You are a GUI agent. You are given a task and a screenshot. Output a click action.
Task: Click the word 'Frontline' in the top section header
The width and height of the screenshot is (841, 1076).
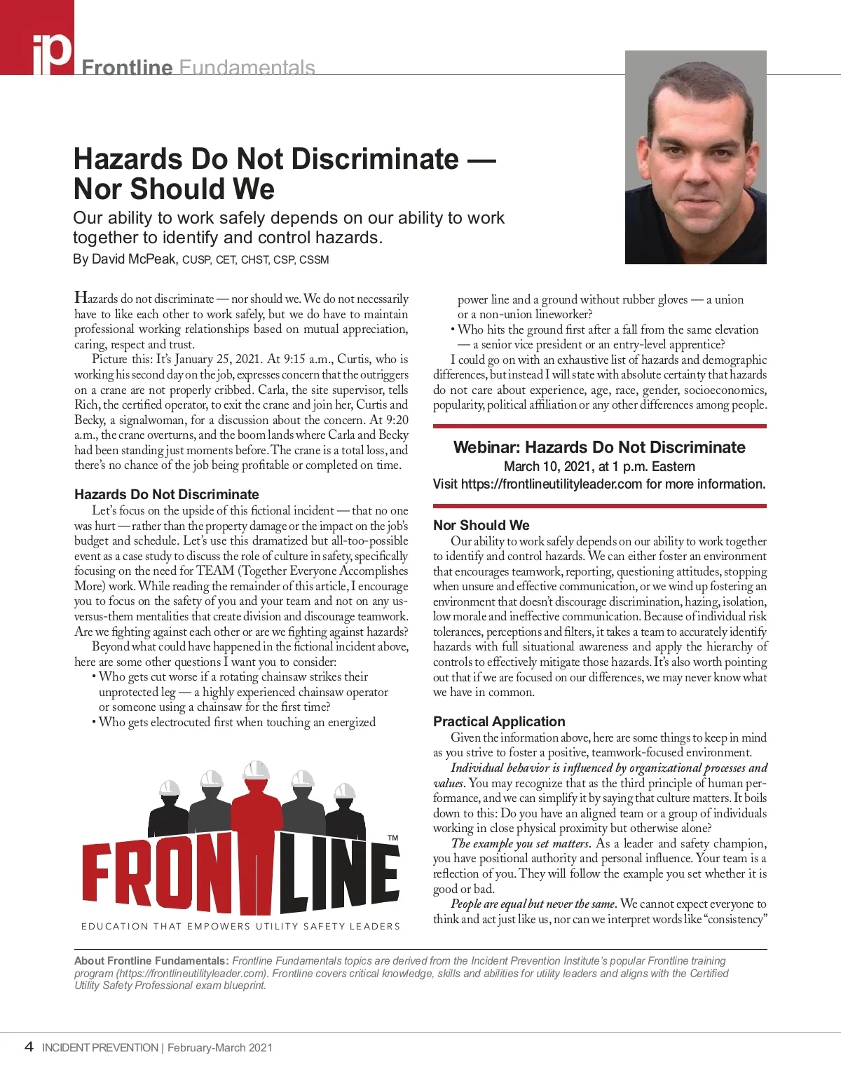[127, 68]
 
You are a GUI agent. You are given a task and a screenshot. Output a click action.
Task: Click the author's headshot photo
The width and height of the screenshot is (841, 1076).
[695, 157]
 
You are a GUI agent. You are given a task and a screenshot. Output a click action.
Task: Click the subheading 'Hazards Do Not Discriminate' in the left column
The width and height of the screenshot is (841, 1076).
[167, 494]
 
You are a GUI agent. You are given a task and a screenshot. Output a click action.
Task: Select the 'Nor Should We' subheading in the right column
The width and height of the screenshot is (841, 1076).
[481, 525]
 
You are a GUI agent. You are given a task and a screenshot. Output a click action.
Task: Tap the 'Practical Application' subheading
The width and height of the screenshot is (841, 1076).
[498, 721]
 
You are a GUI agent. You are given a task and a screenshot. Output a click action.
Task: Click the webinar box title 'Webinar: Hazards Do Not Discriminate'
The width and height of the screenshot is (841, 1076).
[599, 447]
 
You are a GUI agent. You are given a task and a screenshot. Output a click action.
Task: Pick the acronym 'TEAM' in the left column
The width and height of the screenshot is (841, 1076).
[215, 571]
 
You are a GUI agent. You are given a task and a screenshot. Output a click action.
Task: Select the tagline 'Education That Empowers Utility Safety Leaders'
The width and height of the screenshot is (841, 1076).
[240, 926]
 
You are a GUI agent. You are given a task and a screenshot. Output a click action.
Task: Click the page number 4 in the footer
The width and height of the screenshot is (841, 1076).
[29, 1047]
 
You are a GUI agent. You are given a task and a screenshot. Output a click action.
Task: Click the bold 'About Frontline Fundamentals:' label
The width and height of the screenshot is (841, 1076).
[151, 961]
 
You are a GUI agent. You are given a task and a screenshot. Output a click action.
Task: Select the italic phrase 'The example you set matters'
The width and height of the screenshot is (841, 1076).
[521, 843]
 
